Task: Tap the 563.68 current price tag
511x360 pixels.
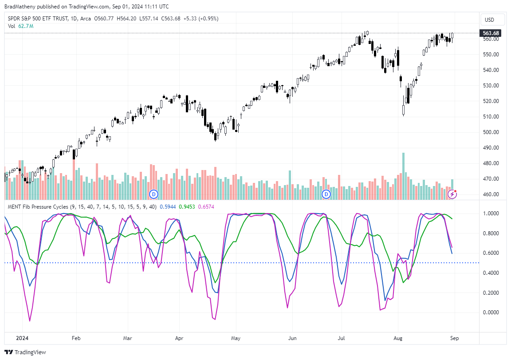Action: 491,33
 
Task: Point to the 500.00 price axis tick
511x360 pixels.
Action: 491,132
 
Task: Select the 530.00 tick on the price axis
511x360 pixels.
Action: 491,86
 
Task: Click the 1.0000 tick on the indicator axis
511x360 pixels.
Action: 491,214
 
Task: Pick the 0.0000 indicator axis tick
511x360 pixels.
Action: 491,313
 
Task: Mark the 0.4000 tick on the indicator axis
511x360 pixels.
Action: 491,273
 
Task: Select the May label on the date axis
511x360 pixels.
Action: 236,338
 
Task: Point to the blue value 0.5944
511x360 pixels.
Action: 167,207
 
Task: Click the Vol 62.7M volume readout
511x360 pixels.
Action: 20,26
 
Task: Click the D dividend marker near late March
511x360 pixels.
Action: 154,194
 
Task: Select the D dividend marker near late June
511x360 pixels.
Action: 326,194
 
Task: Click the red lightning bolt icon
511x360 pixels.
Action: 452,194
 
